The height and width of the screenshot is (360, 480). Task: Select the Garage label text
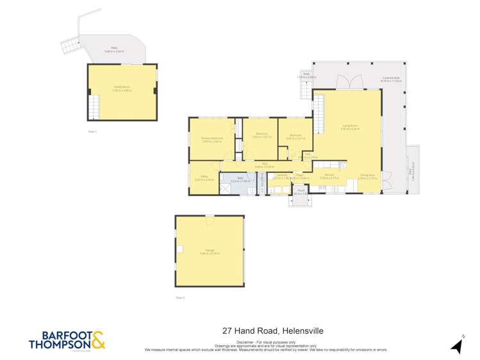pos(210,250)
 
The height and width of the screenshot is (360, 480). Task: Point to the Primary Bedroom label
pos(211,138)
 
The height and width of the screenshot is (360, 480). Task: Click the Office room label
pos(204,179)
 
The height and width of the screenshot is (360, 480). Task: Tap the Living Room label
pos(350,127)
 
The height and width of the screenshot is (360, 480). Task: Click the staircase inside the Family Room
pos(95,105)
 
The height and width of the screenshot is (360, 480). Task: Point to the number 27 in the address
pos(226,331)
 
